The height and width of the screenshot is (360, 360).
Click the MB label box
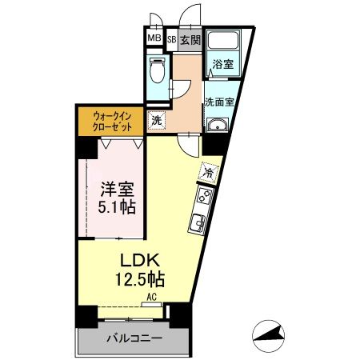153,38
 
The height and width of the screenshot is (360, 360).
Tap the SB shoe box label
170,39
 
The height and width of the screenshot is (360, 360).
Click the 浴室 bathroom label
223,66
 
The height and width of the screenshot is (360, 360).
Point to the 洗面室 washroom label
218,102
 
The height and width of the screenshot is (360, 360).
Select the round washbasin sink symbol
217,125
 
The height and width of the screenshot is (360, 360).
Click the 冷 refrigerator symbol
208,170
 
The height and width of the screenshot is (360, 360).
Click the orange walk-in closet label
111,120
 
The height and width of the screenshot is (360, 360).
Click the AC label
151,297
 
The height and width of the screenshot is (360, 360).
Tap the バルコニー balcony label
134,338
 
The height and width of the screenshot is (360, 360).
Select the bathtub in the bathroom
224,42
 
